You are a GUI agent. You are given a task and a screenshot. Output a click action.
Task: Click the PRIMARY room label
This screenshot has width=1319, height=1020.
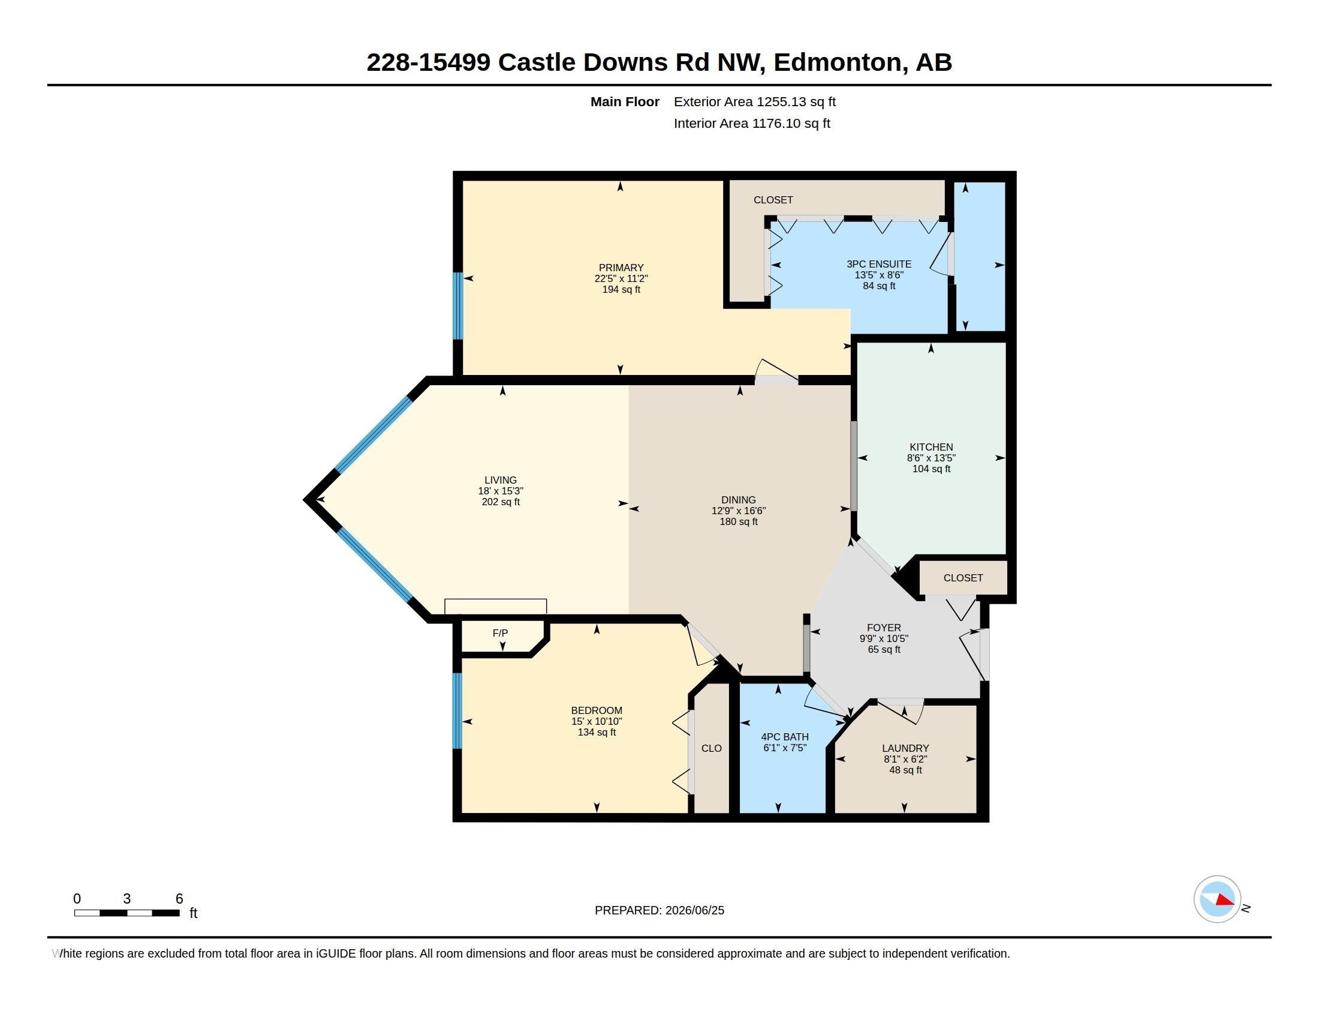[621, 268]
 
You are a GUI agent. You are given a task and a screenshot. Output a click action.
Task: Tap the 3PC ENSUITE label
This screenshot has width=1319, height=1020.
[879, 264]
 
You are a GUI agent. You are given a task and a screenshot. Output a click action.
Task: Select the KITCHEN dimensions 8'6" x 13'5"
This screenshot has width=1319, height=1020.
[930, 458]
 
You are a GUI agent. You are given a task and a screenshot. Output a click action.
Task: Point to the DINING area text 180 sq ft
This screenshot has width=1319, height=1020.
[738, 521]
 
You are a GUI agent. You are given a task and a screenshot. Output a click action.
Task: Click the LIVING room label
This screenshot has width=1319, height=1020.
[500, 481]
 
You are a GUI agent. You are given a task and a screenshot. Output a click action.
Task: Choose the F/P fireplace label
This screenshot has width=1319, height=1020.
[500, 632]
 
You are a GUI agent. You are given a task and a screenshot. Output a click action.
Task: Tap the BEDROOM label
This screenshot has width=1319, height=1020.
[597, 710]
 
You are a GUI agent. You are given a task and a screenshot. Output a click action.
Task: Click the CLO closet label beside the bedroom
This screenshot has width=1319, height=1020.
[712, 748]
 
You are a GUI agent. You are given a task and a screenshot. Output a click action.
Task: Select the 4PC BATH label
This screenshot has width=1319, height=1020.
[785, 737]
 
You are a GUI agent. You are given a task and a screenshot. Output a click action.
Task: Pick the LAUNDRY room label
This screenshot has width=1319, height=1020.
[905, 748]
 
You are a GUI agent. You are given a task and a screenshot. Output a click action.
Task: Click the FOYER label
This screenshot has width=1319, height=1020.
[884, 628]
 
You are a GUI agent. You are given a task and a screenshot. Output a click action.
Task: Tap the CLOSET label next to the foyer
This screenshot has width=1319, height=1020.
[963, 578]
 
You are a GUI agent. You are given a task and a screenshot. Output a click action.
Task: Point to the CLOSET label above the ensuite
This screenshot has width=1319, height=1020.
[773, 199]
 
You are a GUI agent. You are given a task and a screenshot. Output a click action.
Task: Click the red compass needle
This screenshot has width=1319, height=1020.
[1225, 900]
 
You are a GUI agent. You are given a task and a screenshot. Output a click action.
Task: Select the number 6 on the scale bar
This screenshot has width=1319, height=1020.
[179, 899]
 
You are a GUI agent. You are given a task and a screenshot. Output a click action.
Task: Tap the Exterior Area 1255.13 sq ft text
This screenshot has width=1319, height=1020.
[755, 101]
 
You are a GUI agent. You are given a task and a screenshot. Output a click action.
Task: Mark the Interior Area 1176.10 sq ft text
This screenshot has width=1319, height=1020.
[752, 123]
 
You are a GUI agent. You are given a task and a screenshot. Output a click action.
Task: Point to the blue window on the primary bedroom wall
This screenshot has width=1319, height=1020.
[459, 306]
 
